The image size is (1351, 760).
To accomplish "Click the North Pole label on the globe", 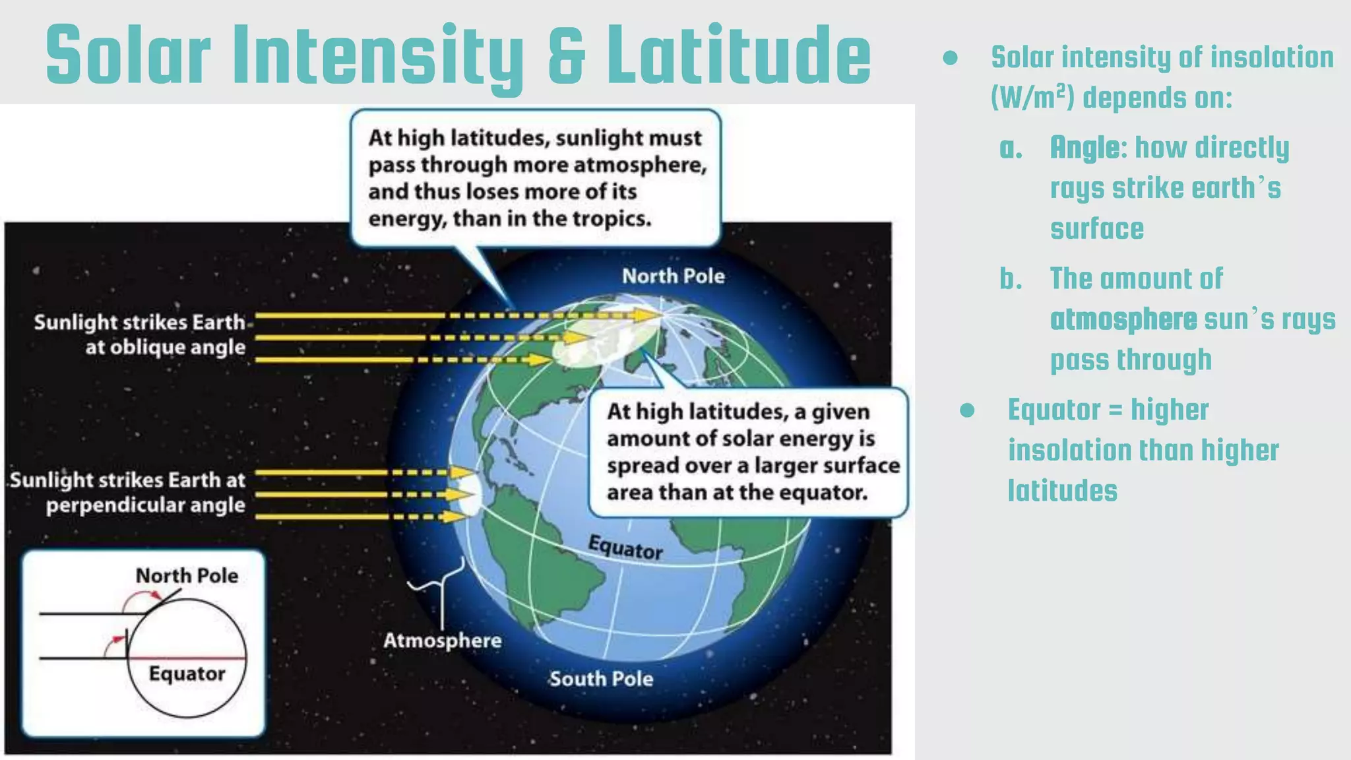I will coord(673,276).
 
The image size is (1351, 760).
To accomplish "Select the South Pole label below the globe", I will coord(601,679).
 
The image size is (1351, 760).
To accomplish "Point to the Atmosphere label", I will coord(442,641).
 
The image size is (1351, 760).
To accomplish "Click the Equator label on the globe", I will coord(625,548).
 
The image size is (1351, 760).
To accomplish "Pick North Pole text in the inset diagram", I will coord(187,576).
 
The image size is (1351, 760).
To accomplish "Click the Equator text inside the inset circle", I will coord(187,674).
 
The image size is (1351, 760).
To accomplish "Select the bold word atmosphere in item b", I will coord(1123,319).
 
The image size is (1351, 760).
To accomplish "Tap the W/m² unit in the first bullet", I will coord(1032,98).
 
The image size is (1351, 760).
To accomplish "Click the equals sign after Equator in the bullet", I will coord(1115,410).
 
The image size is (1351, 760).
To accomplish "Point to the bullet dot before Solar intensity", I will coord(950,58).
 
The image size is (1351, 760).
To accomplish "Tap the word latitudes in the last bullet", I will coord(1062,491).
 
